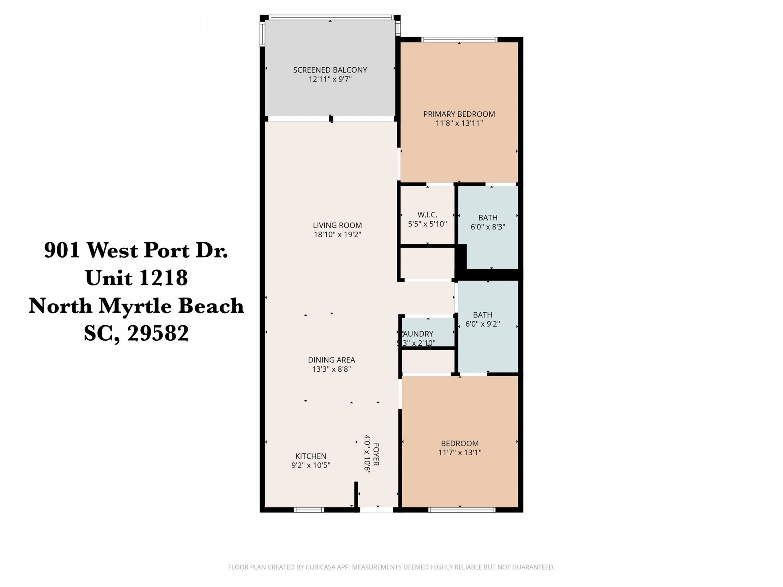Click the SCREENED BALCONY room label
pos(330,70)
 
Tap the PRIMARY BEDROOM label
pos(459,114)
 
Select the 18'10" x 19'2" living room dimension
pos(337,235)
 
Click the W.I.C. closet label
pos(427,214)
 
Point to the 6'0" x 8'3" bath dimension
pos(488,227)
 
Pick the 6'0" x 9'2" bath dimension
pos(482,324)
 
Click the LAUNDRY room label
pos(418,334)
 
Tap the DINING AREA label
pos(331,360)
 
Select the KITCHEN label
pos(311,456)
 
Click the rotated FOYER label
pos(376,455)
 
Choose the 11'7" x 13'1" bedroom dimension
pos(460,452)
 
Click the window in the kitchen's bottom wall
pos(309,510)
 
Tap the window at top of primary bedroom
pos(459,40)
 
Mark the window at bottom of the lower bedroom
pos(462,510)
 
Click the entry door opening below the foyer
pos(376,510)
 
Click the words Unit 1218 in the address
pos(136,278)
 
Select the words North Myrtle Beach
pos(136,306)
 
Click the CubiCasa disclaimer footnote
pos(391,567)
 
